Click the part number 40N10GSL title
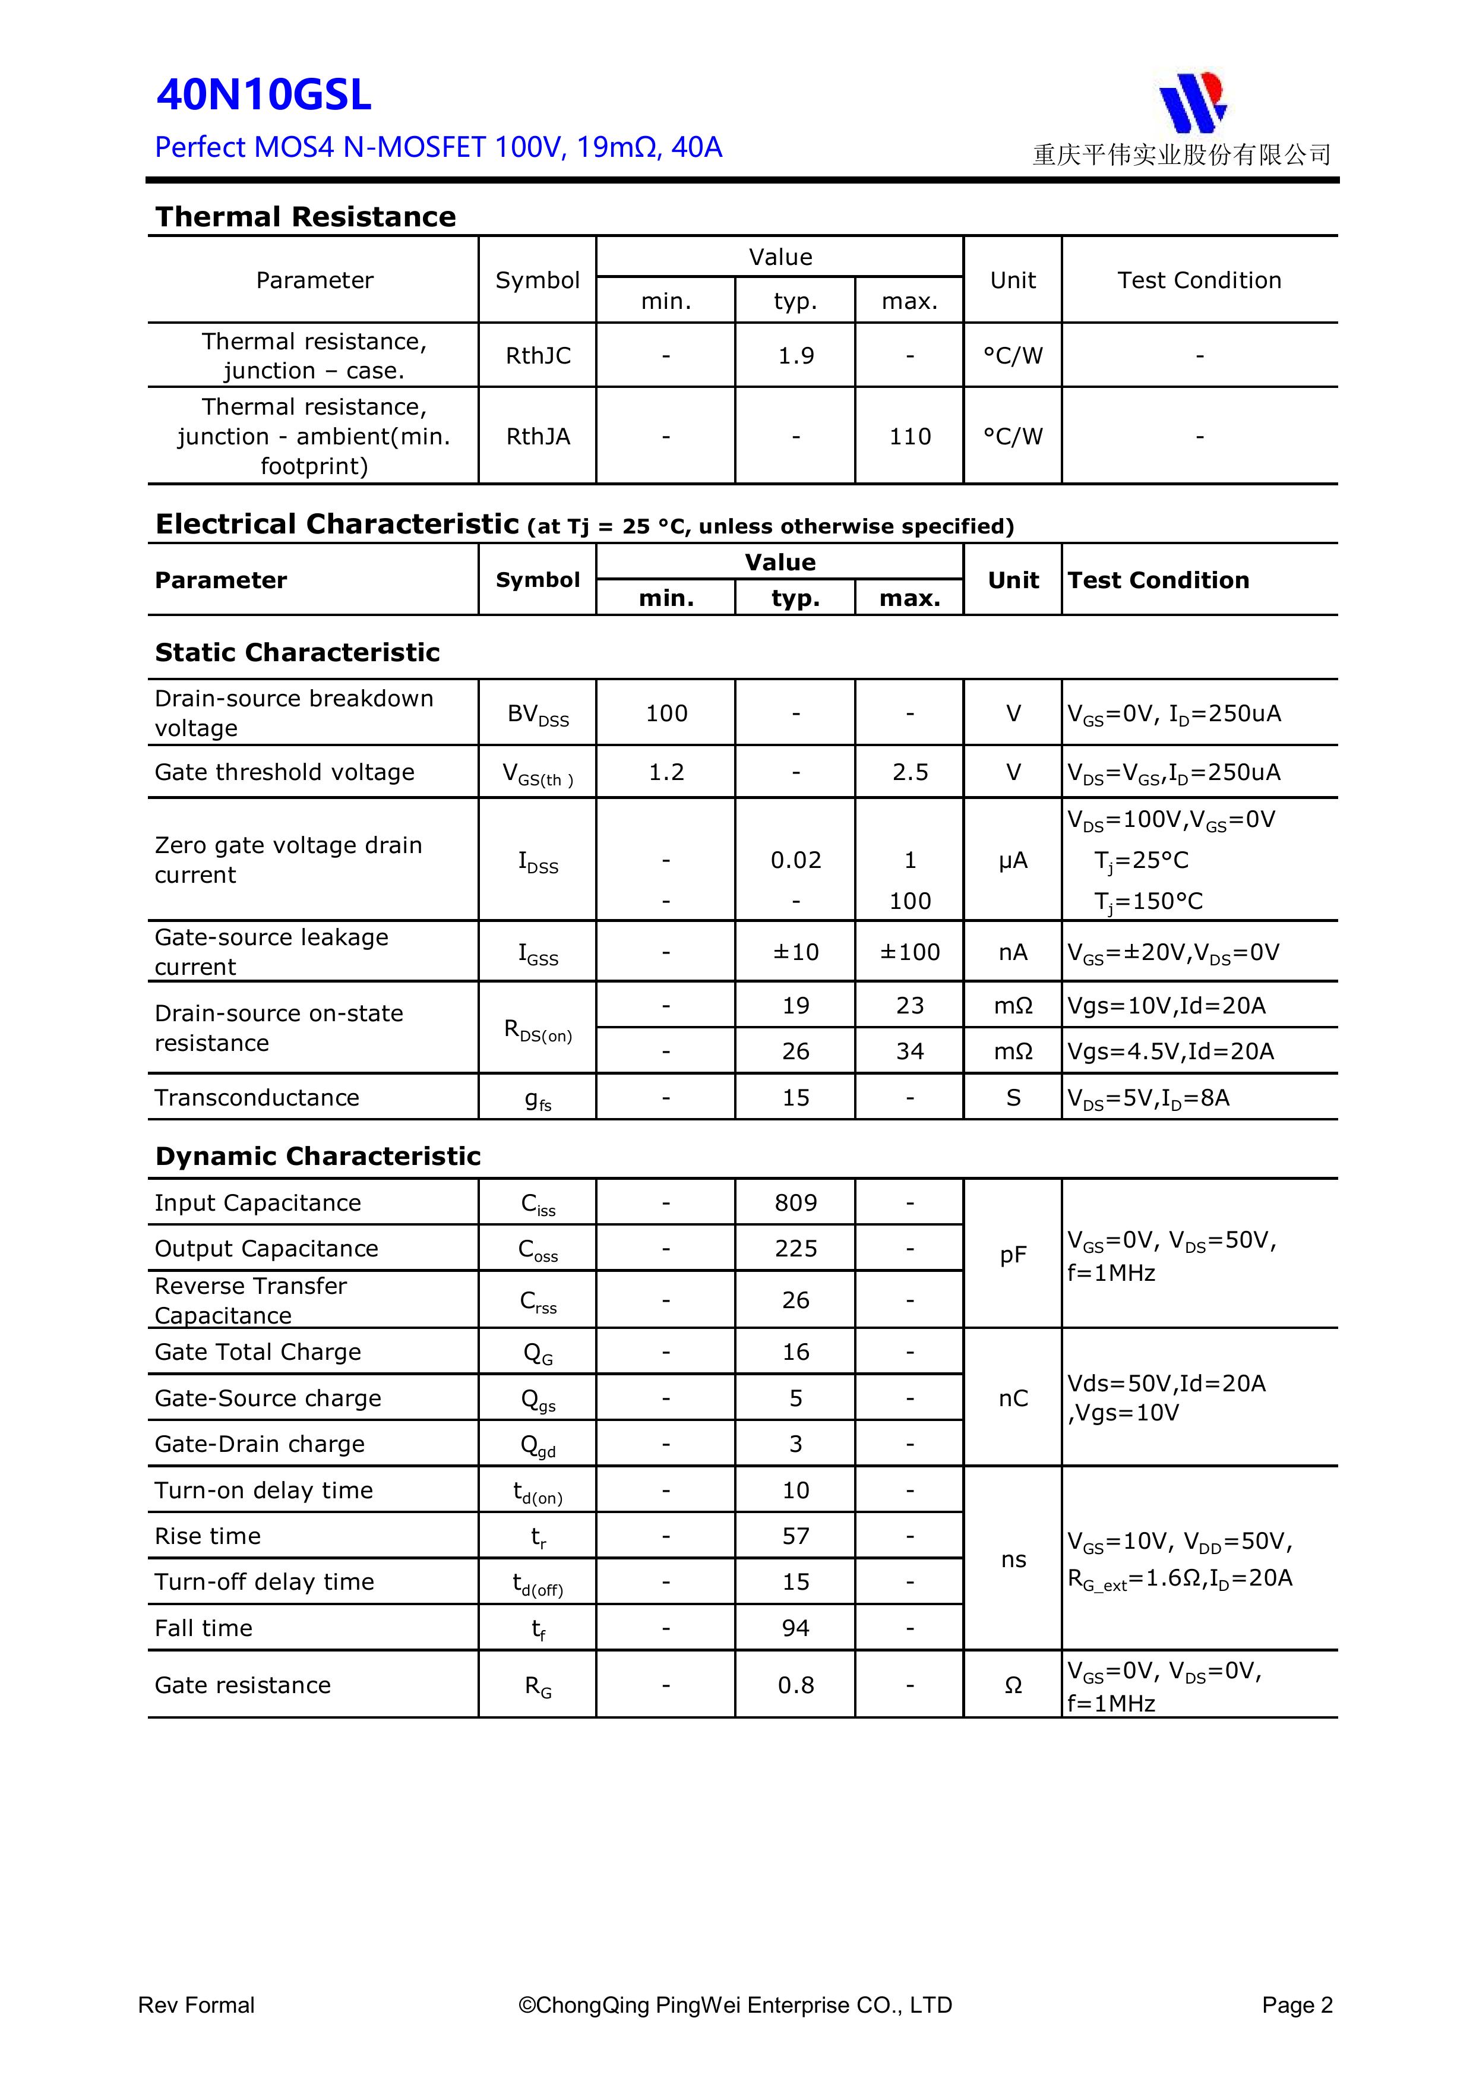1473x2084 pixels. pyautogui.click(x=264, y=95)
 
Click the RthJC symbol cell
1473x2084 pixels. pyautogui.click(x=538, y=356)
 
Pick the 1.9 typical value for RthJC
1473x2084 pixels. pyautogui.click(x=795, y=356)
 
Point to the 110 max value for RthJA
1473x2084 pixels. pyautogui.click(x=909, y=437)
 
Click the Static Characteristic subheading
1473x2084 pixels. pyautogui.click(x=297, y=653)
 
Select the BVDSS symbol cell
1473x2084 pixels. pyautogui.click(x=538, y=714)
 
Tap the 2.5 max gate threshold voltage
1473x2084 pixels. pyautogui.click(x=909, y=772)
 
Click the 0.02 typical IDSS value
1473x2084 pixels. pyautogui.click(x=795, y=860)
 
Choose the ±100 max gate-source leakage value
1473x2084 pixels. pyautogui.click(x=909, y=952)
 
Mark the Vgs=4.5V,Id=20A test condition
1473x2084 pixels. pyautogui.click(x=1170, y=1051)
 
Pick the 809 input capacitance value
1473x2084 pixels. pyautogui.click(x=795, y=1202)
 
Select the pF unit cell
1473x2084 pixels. pyautogui.click(x=1013, y=1255)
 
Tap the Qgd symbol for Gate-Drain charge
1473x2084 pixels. pyautogui.click(x=538, y=1445)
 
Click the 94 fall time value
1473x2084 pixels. pyautogui.click(x=795, y=1627)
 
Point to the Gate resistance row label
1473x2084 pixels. pyautogui.click(x=242, y=1685)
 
